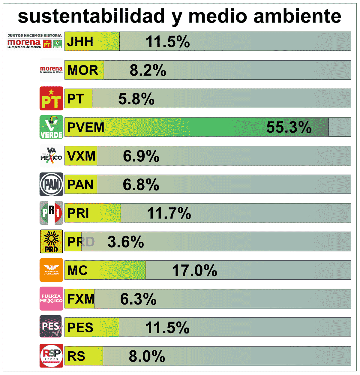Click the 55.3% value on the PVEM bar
pos(289,127)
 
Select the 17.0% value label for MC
pos(194,270)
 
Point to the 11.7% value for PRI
pos(169,213)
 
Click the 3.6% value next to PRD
pos(126,242)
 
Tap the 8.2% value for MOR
pos(148,70)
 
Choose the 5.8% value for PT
pos(136,99)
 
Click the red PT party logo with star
pos(51,98)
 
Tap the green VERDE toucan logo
pos(51,127)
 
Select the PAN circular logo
pos(51,184)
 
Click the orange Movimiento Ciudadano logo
pos(51,270)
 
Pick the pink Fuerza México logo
pos(51,298)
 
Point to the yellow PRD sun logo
pos(51,241)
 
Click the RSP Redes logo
pos(51,356)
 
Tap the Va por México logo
pos(51,155)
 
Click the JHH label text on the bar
pos(80,41)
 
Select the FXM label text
pos(81,299)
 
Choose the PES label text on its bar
pos(80,327)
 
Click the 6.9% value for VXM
pos(141,156)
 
